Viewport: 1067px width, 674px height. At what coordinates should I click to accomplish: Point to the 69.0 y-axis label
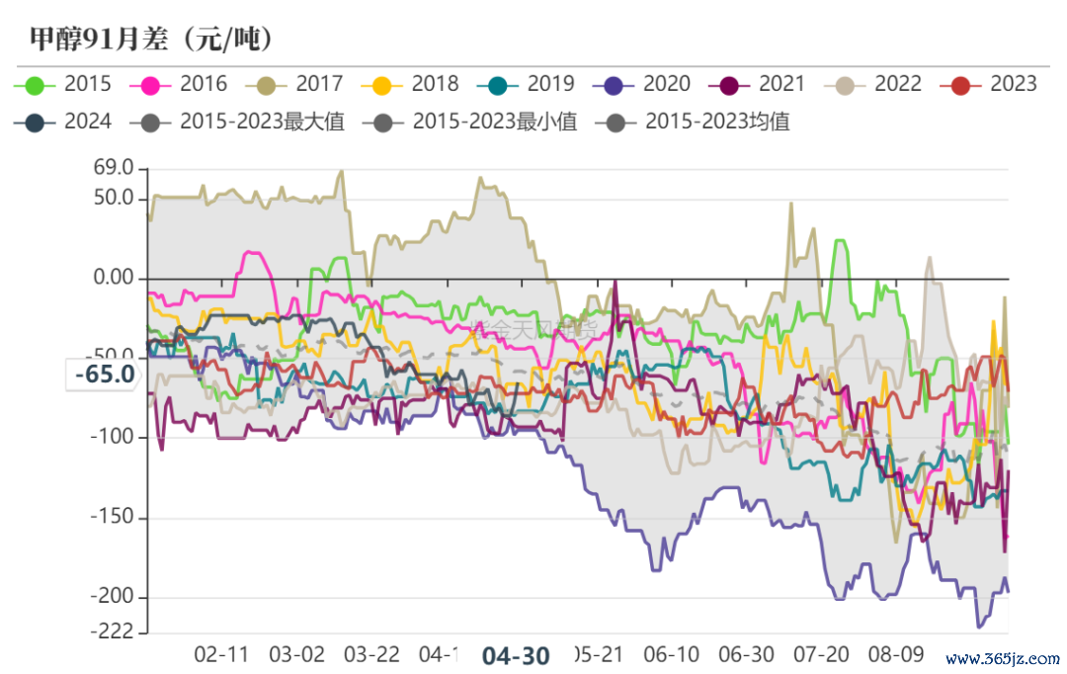[x=114, y=169]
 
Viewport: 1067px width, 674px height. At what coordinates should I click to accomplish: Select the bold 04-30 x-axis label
[x=515, y=655]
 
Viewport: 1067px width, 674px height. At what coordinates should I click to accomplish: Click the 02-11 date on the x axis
[x=221, y=654]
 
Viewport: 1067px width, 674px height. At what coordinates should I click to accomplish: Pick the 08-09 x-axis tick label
[x=896, y=654]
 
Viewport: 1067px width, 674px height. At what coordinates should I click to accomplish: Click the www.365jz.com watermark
[x=1002, y=658]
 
